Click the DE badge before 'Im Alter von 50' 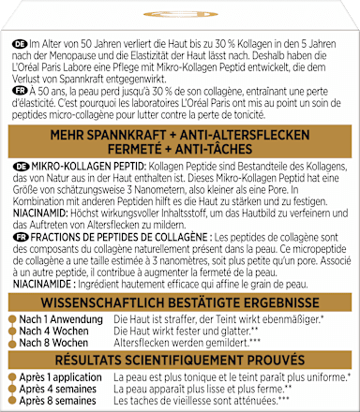click(20, 45)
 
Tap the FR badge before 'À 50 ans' click(20, 91)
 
